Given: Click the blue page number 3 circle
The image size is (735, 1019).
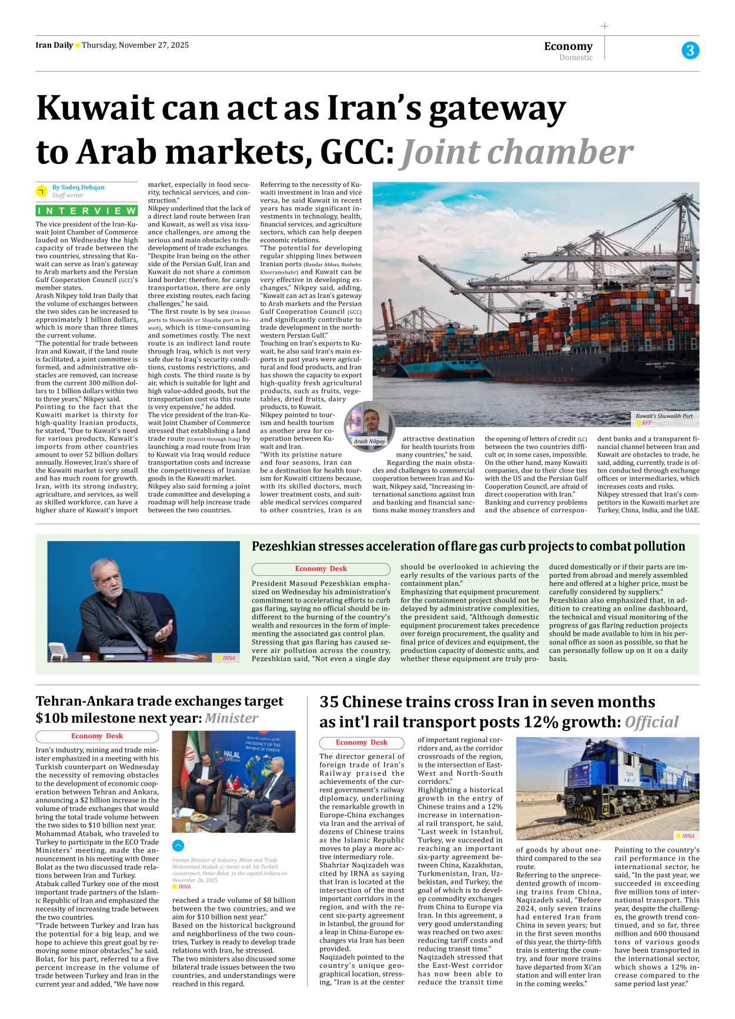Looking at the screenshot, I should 690,51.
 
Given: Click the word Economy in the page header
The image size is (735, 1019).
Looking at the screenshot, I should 568,46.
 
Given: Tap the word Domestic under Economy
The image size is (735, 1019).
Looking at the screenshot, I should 576,58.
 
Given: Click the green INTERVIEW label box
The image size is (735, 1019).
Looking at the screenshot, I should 86,211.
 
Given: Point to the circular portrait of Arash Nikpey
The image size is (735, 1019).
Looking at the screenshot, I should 369,423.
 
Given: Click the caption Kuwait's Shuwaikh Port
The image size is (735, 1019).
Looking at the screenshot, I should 664,416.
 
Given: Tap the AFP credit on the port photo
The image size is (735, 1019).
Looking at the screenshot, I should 646,423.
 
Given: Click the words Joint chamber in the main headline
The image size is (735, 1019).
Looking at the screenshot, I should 516,152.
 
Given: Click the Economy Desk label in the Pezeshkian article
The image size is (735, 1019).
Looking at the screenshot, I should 320,569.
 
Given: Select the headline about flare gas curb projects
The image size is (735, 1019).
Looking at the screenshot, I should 468,547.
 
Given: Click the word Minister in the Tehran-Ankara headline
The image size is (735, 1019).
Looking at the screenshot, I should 231,718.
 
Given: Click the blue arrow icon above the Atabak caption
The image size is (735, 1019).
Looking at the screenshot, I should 178,846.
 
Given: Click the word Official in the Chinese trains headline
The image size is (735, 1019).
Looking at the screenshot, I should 651,722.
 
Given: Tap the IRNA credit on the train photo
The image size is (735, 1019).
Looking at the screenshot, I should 687,836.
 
